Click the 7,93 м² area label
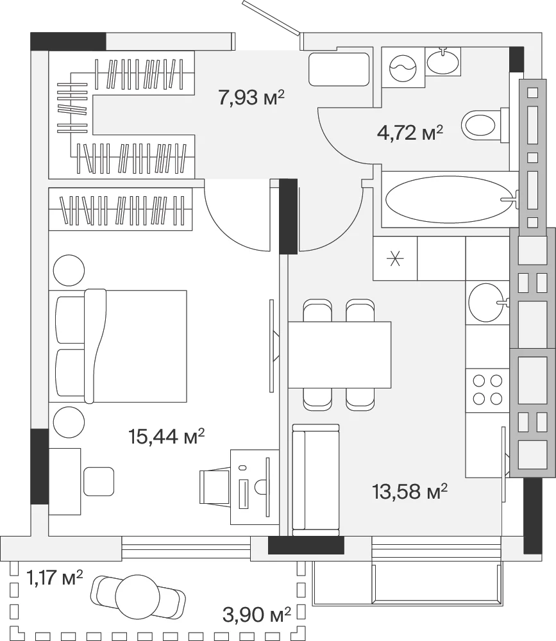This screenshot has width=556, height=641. (251, 97)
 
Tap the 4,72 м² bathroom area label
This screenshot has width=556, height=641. (410, 133)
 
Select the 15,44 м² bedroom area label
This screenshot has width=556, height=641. (166, 436)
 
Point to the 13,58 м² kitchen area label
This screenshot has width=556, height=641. (410, 492)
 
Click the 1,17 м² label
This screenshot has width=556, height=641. (55, 578)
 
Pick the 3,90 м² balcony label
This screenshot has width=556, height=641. (257, 615)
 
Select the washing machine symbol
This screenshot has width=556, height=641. (403, 67)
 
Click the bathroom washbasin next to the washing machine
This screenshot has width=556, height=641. (442, 62)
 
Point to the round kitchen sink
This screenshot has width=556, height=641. (486, 303)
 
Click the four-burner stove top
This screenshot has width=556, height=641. (487, 390)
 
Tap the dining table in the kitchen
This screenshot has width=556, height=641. (340, 354)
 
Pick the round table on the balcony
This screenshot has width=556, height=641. (137, 597)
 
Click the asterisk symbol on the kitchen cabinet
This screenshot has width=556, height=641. (395, 258)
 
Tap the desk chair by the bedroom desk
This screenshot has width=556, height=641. (214, 487)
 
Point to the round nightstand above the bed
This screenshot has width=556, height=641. (69, 271)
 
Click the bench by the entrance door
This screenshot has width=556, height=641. (339, 69)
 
